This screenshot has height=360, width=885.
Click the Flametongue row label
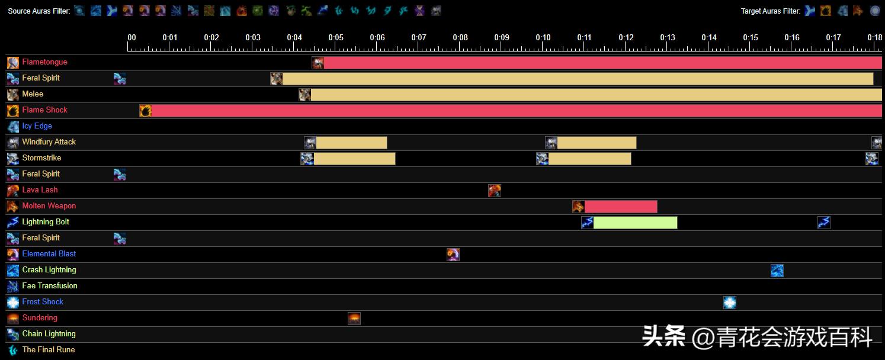(44, 62)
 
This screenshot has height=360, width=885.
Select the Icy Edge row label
(37, 126)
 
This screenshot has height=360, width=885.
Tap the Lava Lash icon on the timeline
(495, 191)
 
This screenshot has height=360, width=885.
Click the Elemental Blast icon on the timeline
(453, 255)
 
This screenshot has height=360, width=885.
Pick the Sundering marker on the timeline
(354, 319)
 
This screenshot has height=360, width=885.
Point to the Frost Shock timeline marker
(730, 303)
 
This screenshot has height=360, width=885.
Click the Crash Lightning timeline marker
(777, 271)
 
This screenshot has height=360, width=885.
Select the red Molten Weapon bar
(621, 207)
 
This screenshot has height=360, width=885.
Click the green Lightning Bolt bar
(635, 223)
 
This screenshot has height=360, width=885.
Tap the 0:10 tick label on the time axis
(543, 38)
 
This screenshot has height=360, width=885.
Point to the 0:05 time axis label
(336, 38)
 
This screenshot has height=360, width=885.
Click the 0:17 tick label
(833, 38)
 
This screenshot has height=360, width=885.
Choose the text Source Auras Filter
(39, 11)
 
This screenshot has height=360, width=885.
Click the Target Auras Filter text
(771, 11)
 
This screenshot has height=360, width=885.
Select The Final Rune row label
(49, 350)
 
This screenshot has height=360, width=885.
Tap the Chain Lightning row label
(49, 334)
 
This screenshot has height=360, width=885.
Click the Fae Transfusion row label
(50, 286)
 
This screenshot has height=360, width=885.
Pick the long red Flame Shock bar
(515, 111)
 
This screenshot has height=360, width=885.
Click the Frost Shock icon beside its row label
(13, 303)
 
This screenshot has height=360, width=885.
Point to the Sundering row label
(40, 318)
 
